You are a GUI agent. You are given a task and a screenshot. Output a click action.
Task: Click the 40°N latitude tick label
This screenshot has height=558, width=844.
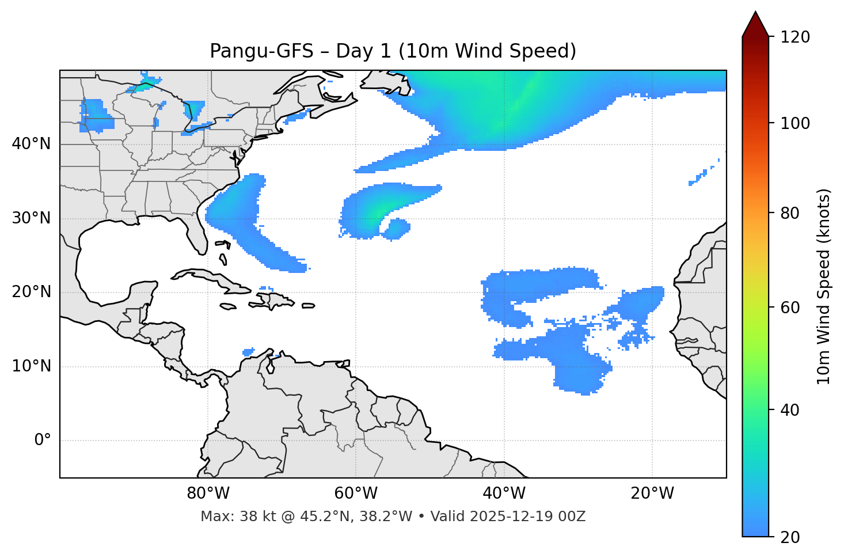click(31, 144)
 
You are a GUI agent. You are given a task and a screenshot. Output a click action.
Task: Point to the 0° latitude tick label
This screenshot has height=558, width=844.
click(43, 441)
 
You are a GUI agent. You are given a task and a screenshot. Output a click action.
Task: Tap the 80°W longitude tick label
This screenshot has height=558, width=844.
click(208, 494)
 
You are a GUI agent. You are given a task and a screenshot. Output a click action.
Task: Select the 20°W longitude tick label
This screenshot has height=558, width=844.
click(652, 494)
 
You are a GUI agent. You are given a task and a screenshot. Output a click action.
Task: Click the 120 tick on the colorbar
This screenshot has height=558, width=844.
click(795, 37)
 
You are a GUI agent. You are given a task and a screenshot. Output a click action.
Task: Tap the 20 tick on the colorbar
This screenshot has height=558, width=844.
click(790, 537)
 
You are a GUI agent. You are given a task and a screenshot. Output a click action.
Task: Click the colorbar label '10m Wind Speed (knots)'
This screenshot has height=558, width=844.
click(823, 286)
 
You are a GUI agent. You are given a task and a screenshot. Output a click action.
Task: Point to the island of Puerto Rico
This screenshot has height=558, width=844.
click(308, 306)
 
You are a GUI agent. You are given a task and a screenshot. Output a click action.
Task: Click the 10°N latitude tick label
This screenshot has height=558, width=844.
click(31, 366)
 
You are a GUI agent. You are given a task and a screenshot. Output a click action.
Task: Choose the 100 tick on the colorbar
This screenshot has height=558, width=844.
click(795, 123)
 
